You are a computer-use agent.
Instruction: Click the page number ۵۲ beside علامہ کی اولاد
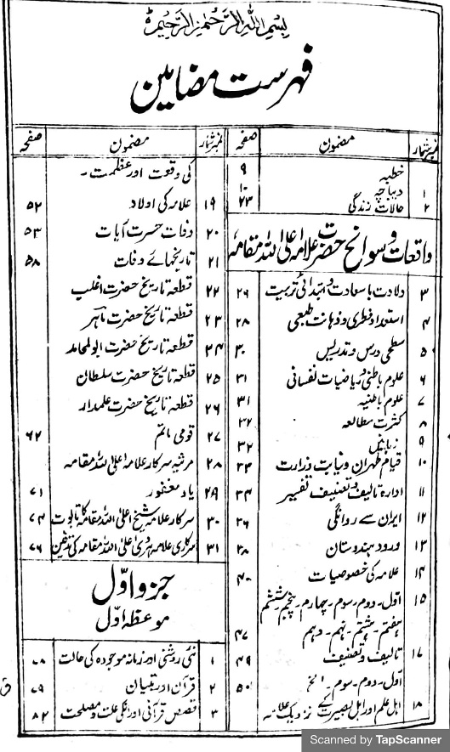point(35,204)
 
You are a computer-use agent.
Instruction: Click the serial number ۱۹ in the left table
point(208,204)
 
